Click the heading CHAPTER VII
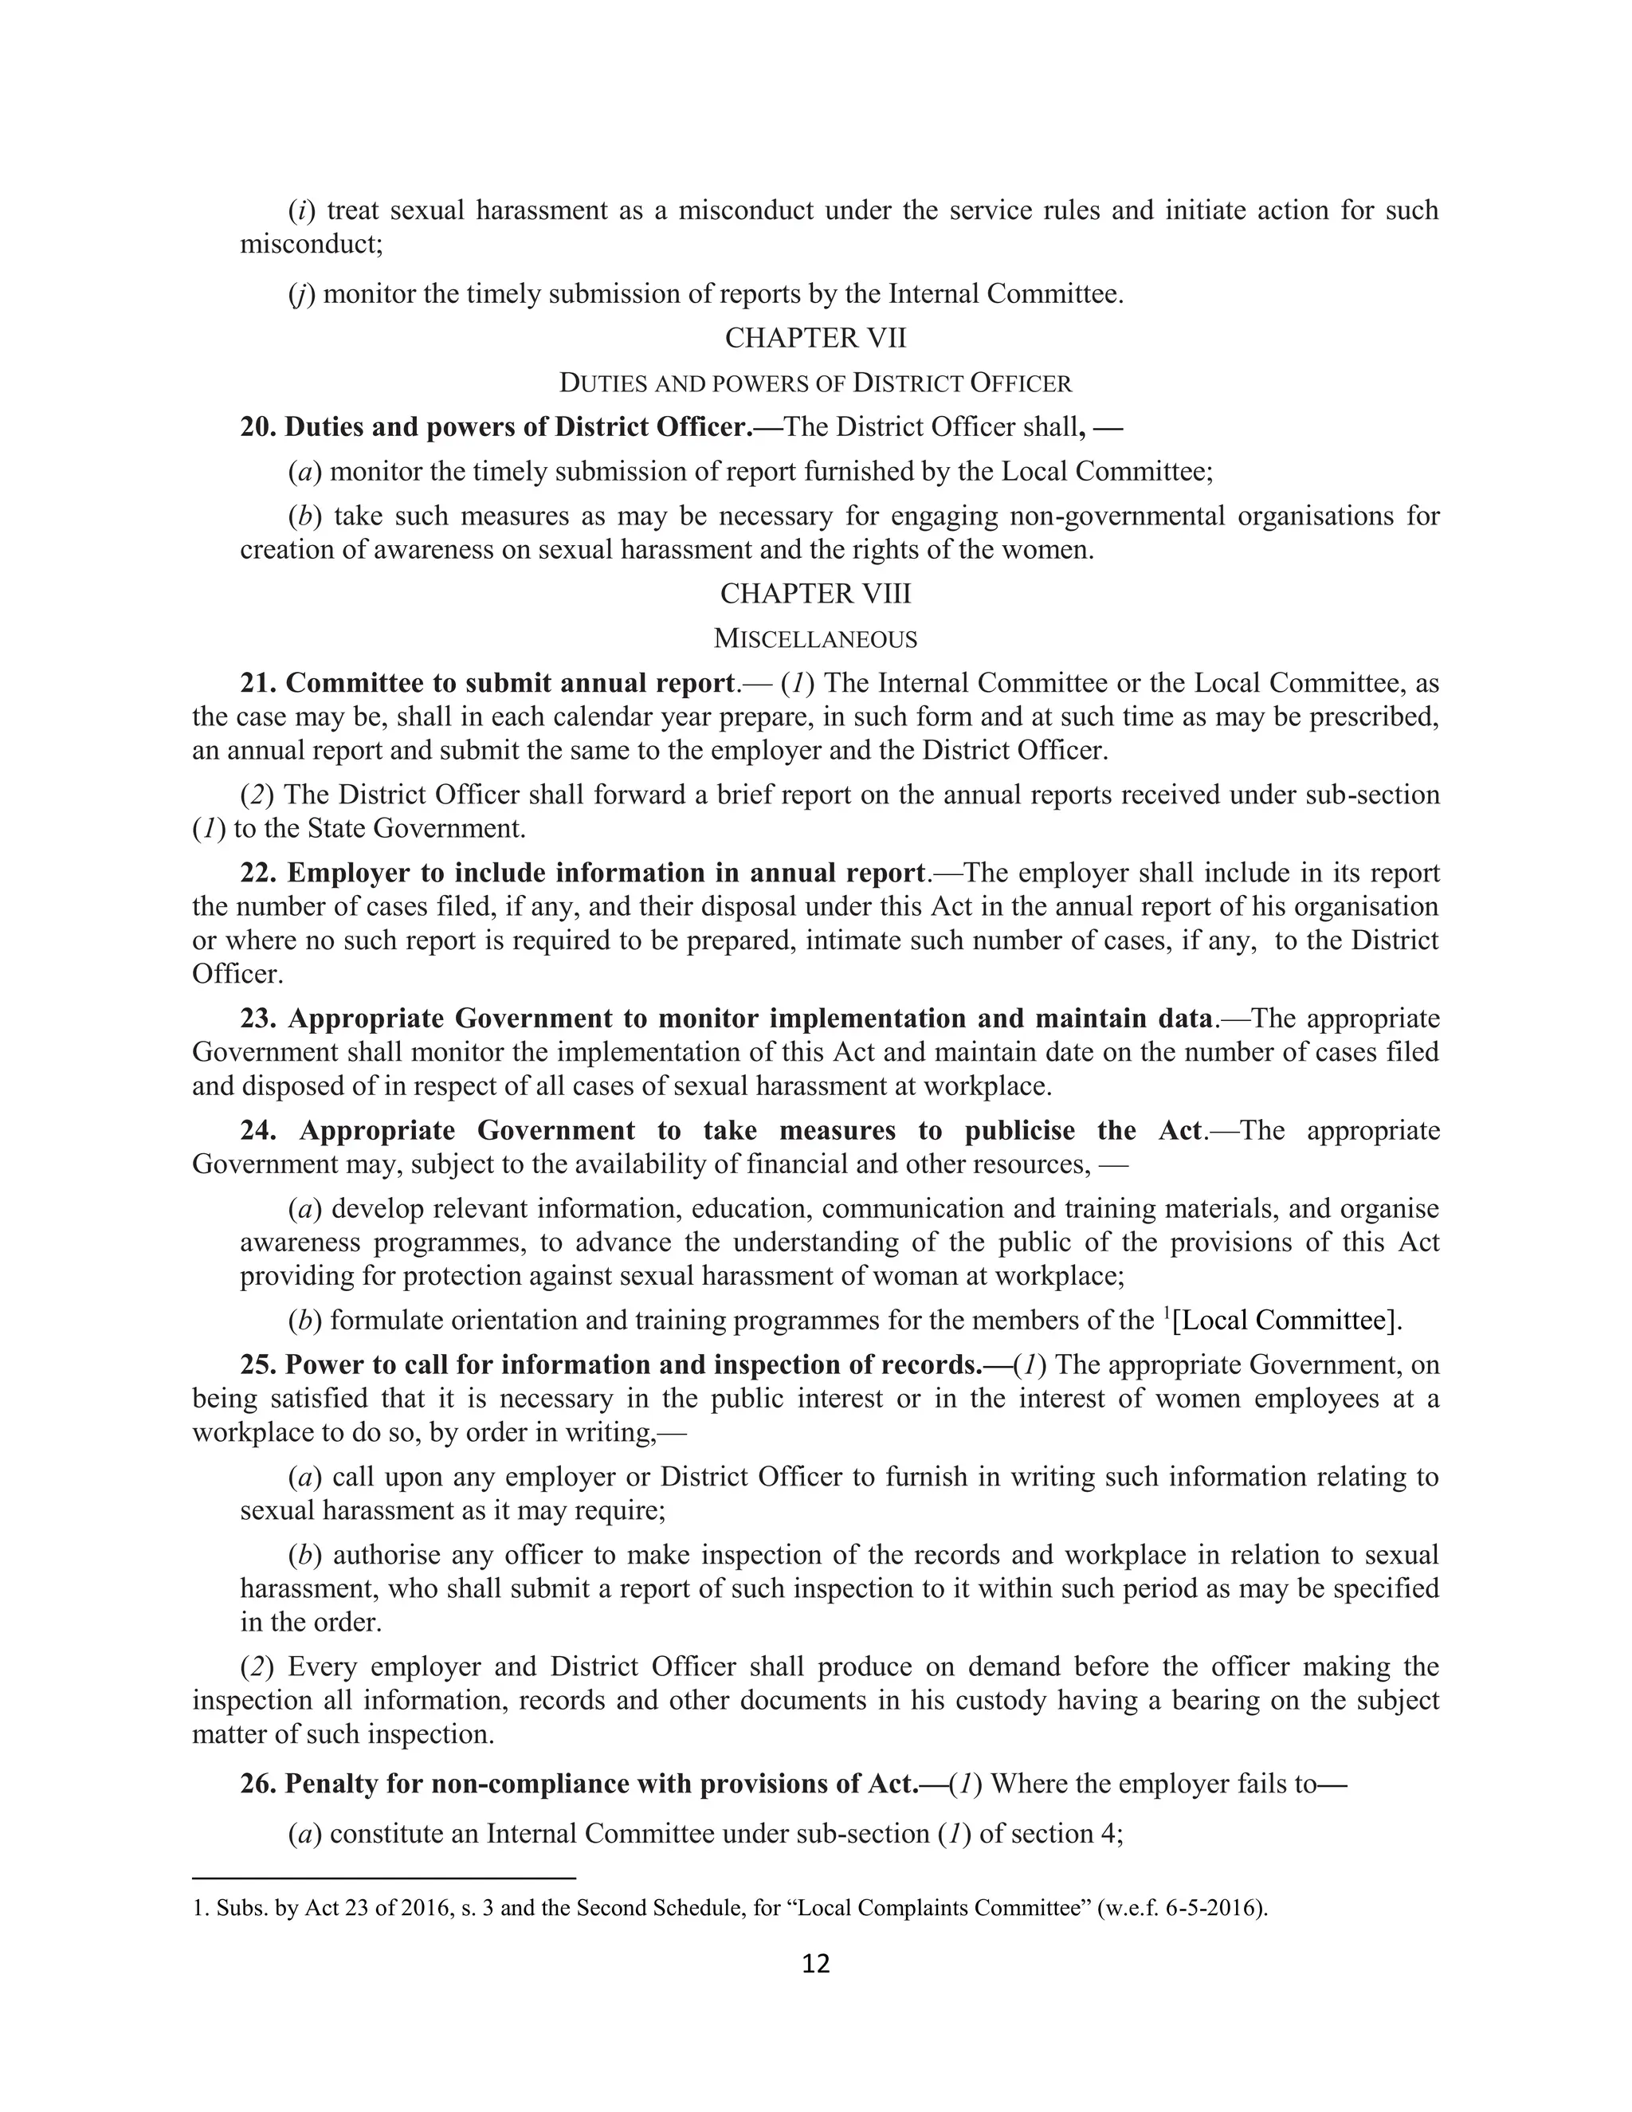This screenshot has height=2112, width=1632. [x=815, y=339]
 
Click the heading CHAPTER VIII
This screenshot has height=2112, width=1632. [x=815, y=594]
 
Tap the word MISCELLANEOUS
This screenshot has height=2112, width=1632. [x=815, y=639]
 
